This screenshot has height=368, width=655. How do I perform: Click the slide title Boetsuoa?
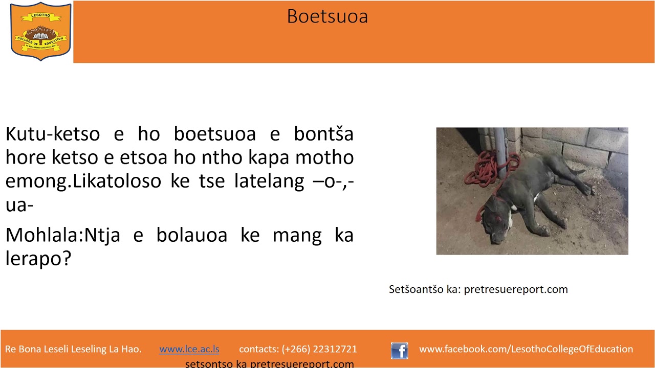click(327, 16)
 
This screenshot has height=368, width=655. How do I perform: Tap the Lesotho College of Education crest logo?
click(40, 31)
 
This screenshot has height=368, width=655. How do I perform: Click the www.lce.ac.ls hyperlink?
click(189, 350)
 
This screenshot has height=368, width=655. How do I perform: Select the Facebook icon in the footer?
click(399, 351)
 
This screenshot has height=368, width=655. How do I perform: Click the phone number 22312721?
click(335, 350)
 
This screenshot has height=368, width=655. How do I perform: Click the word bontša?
click(323, 134)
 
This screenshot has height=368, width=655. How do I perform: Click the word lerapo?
click(38, 259)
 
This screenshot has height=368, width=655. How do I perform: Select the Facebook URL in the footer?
click(526, 350)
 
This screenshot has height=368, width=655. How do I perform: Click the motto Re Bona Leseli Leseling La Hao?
click(73, 350)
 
